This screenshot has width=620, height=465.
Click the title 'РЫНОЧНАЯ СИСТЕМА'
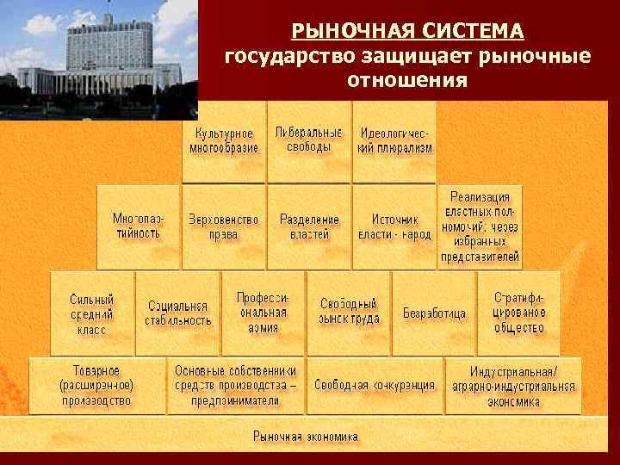click(x=407, y=32)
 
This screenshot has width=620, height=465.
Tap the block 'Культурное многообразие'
click(x=224, y=141)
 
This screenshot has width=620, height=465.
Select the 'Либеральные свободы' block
click(x=308, y=140)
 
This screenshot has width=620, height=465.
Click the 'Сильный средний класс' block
click(x=91, y=313)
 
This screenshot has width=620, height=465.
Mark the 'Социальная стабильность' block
click(x=178, y=313)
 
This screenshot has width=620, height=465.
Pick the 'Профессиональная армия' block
click(x=263, y=313)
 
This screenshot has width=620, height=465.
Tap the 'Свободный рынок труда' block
click(x=349, y=313)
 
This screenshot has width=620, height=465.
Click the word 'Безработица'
click(x=434, y=313)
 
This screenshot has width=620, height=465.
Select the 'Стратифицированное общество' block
click(x=518, y=313)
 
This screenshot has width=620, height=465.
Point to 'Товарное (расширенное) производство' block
click(x=96, y=385)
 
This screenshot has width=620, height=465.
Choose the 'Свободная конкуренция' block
click(x=374, y=385)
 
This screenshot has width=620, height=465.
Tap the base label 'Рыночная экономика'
click(x=306, y=437)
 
